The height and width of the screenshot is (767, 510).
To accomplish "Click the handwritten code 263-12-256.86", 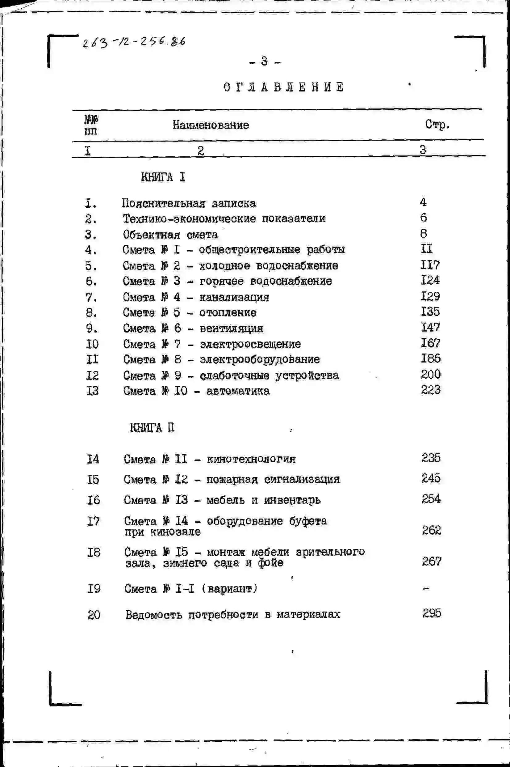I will pyautogui.click(x=134, y=42).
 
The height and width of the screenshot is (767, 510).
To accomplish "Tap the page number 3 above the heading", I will pyautogui.click(x=265, y=61).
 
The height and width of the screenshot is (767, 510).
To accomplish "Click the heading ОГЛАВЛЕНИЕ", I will pyautogui.click(x=283, y=87).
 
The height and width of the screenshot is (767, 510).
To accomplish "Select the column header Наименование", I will pyautogui.click(x=211, y=125).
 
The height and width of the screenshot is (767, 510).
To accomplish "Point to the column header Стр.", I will pyautogui.click(x=437, y=124).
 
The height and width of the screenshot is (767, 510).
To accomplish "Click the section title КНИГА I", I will pyautogui.click(x=163, y=177).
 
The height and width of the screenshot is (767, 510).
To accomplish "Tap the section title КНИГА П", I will pyautogui.click(x=152, y=427).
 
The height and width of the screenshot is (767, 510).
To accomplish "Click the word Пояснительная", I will pyautogui.click(x=164, y=203).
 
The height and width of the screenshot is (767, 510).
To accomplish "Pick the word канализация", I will pyautogui.click(x=234, y=297).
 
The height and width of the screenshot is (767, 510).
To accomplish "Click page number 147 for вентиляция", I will pyautogui.click(x=430, y=327).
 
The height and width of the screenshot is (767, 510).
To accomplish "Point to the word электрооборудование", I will pyautogui.click(x=260, y=359).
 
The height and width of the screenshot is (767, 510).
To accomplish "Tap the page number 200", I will pyautogui.click(x=431, y=375).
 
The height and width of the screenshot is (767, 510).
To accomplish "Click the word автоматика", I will pyautogui.click(x=238, y=391).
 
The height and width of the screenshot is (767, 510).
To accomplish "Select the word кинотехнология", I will pyautogui.click(x=251, y=459).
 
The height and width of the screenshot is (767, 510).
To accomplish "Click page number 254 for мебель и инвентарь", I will pyautogui.click(x=431, y=499).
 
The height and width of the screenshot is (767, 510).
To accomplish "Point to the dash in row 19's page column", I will pyautogui.click(x=426, y=589).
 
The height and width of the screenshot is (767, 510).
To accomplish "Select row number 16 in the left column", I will pyautogui.click(x=93, y=500).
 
